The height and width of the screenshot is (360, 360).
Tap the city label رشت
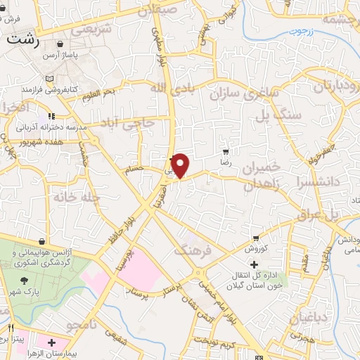click(x=24, y=40)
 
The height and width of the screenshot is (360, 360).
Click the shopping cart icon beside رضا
click(x=226, y=150)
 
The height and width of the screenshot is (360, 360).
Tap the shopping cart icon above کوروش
click(x=256, y=238)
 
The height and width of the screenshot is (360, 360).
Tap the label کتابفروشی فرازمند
click(x=47, y=90)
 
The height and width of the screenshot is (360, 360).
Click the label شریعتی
click(x=93, y=30)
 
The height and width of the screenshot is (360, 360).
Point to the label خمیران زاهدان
click(x=261, y=176)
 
